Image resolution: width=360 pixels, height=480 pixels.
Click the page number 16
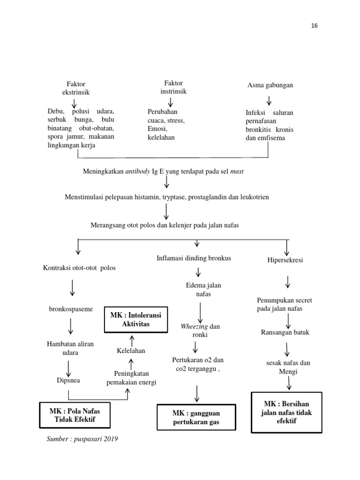pos(314,26)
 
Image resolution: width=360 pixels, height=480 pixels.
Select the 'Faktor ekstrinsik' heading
pos(75,88)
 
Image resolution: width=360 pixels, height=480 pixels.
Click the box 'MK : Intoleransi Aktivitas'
pos(135,320)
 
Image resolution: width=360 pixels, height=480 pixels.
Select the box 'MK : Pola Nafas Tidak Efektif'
pos(75,415)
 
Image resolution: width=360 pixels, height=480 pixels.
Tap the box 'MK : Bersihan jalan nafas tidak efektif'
pos(286,412)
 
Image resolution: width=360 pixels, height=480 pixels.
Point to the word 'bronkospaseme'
pos(71,310)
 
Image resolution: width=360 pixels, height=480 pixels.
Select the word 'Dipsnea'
pos(68,380)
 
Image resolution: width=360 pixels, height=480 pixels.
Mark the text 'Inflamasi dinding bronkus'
pos(194,258)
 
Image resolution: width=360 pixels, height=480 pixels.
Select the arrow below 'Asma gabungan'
pos(270,100)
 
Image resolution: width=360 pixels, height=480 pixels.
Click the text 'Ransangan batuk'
pos(285,332)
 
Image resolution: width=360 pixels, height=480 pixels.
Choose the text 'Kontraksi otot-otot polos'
pos(79,268)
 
